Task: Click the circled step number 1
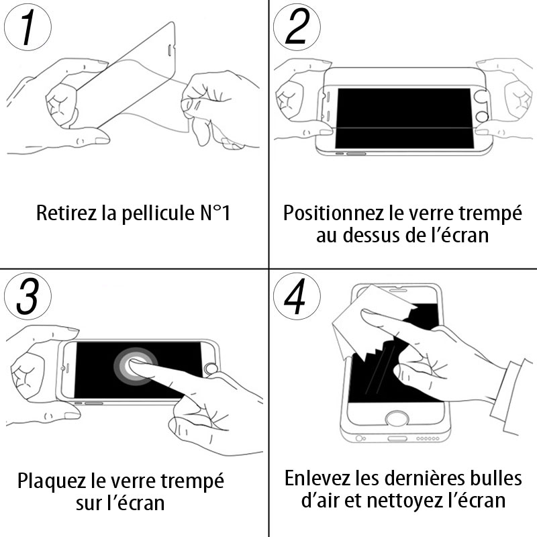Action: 28,27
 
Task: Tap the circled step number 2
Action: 297,27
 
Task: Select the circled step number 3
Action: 28,296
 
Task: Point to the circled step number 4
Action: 297,296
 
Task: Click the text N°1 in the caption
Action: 215,213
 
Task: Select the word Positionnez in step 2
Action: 333,213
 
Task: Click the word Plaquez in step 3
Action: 52,481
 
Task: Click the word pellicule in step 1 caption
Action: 158,213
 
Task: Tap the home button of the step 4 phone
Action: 397,419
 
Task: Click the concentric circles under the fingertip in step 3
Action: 136,367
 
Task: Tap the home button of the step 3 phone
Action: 211,369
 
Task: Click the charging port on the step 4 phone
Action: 397,439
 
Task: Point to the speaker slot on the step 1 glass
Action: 171,50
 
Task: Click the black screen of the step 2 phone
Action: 404,118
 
